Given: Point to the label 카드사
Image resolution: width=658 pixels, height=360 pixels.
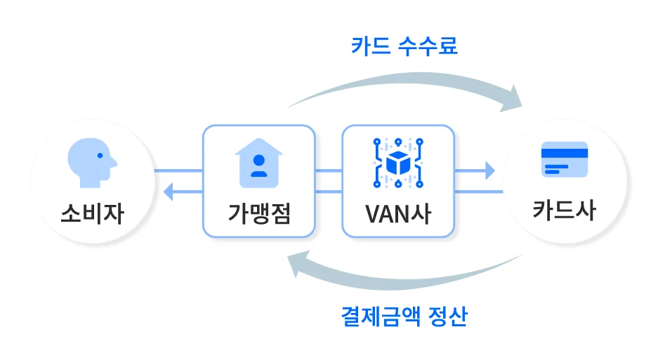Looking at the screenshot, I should coord(564,211).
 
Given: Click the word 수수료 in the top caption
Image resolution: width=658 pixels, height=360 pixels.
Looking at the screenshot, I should coord(428,46).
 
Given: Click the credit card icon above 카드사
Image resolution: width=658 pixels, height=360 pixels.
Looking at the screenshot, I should coord(564,160).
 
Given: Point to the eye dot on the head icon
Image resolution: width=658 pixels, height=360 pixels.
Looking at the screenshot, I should coord(100,155).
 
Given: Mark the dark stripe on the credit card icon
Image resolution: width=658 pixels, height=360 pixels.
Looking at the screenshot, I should coord(564,153).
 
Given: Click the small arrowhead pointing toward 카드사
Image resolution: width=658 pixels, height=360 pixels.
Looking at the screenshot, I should coord(489,170).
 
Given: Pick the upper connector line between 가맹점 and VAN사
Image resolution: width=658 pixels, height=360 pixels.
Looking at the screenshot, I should coord(328,170).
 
